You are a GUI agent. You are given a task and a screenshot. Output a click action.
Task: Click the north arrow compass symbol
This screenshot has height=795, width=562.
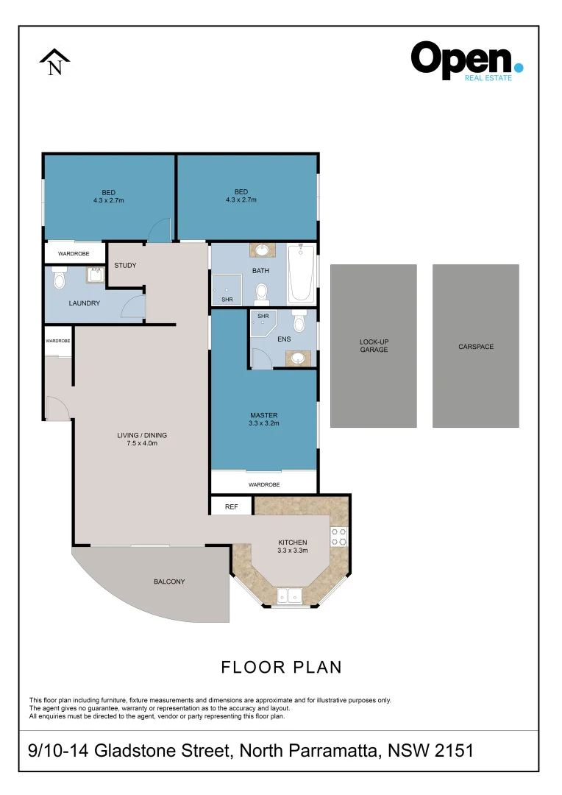click(54, 63)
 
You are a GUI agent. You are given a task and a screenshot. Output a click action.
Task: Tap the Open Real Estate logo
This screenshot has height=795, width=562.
click(466, 61)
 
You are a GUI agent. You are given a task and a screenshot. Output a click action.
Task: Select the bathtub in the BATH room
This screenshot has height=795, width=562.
click(301, 274)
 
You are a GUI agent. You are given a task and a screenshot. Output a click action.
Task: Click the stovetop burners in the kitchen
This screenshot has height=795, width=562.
click(338, 537)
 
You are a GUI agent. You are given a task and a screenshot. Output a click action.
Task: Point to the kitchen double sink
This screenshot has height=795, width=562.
click(290, 596)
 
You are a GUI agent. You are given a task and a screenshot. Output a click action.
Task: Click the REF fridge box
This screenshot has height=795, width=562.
click(231, 506)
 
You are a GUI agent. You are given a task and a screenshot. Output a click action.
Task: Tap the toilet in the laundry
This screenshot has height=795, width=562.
click(60, 279)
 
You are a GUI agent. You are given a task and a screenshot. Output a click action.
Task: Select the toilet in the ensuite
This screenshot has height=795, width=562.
click(299, 321)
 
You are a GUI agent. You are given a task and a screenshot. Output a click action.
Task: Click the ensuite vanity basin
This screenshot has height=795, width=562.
click(297, 358)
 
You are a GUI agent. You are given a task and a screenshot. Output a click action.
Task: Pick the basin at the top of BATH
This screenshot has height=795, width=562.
click(262, 250)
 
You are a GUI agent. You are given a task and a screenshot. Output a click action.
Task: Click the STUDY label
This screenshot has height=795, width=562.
click(125, 265)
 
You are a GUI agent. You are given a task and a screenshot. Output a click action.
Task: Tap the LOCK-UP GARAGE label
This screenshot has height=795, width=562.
click(374, 346)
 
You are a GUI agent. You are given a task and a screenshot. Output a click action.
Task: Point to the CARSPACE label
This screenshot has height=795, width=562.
click(476, 347)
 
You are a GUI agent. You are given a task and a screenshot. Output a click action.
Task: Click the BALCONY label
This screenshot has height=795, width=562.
click(169, 582)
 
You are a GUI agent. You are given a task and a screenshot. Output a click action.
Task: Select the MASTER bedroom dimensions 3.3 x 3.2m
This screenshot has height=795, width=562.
click(264, 423)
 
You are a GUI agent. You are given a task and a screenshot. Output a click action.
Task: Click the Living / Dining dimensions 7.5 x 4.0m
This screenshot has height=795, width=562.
click(143, 443)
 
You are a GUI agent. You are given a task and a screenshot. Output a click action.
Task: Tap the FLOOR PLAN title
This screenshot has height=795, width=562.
click(281, 667)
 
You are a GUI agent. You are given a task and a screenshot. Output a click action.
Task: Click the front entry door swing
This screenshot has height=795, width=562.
click(57, 408)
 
